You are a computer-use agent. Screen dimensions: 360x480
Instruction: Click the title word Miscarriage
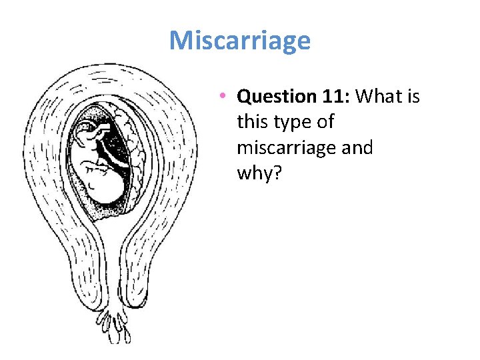coord(240,41)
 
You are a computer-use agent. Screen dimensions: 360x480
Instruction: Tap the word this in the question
coord(251,123)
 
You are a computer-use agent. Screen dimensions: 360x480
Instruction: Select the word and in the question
coord(357,147)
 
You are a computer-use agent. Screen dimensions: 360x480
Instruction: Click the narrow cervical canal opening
coord(114,280)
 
